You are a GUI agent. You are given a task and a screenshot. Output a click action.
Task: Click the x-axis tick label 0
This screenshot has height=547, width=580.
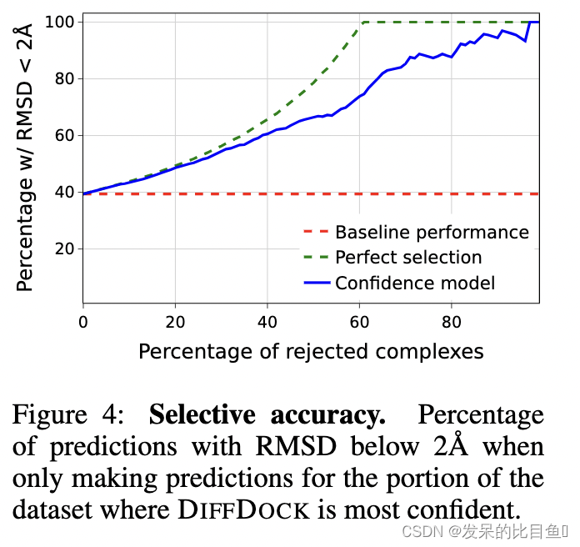coord(83,321)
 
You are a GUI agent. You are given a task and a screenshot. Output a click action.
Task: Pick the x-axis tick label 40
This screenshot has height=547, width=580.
coord(267,321)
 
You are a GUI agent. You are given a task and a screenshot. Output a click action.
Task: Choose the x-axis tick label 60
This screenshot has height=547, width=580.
coord(359,321)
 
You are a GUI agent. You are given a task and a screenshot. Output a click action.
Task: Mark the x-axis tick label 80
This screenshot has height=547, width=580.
coord(451,321)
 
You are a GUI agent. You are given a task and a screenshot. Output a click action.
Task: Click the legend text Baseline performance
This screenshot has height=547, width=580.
coord(432,233)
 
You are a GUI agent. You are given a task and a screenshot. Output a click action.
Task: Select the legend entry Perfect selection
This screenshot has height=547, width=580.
coord(408,258)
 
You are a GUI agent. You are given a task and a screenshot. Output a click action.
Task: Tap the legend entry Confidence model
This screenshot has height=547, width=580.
coord(415,284)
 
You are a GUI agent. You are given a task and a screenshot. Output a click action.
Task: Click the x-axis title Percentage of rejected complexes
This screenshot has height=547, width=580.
coord(311,351)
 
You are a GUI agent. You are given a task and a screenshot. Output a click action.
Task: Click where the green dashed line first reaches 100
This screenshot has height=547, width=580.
coord(362,23)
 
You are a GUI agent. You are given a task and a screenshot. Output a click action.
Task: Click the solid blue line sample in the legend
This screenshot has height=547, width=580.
coord(316,284)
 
